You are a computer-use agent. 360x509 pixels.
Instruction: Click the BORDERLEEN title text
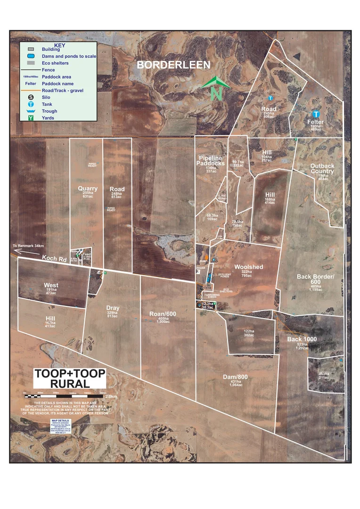click(x=173, y=65)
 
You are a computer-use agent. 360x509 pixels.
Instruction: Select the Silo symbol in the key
click(x=31, y=97)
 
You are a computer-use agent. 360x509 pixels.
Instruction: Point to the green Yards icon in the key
click(x=31, y=117)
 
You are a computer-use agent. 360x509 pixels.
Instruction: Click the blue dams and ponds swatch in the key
click(x=31, y=56)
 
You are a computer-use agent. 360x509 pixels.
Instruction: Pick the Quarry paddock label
click(x=88, y=189)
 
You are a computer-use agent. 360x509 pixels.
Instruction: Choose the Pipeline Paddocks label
click(x=211, y=160)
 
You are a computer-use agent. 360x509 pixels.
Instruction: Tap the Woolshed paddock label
click(x=248, y=267)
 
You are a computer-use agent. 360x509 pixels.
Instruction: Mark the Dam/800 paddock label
click(x=236, y=377)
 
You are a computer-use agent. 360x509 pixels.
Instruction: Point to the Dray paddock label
click(x=113, y=308)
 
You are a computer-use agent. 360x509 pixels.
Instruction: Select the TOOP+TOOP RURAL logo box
click(x=70, y=379)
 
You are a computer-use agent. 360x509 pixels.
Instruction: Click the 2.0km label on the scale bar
click(x=111, y=396)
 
